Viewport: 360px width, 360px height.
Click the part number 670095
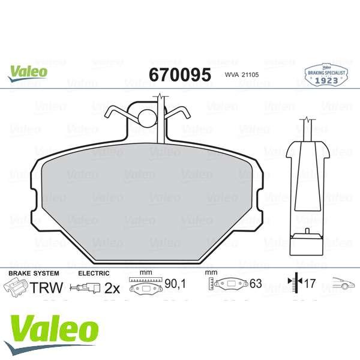click(180, 74)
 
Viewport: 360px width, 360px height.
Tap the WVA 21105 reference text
click(242, 74)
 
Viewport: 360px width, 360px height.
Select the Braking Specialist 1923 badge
click(326, 75)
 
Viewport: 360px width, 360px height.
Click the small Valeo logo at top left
click(28, 73)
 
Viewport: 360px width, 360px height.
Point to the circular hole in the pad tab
click(148, 118)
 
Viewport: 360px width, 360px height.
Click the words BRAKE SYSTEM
click(34, 273)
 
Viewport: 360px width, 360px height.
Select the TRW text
click(46, 287)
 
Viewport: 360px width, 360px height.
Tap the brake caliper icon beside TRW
click(16, 287)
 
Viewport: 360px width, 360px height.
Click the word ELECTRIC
click(94, 273)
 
